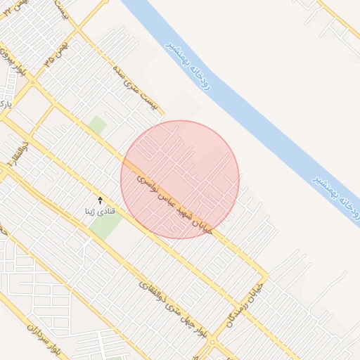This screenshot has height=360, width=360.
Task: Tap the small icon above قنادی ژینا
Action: click(x=99, y=200)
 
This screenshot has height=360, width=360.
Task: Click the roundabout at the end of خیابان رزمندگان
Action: click(x=212, y=345)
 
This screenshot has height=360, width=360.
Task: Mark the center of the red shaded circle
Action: click(x=180, y=180)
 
